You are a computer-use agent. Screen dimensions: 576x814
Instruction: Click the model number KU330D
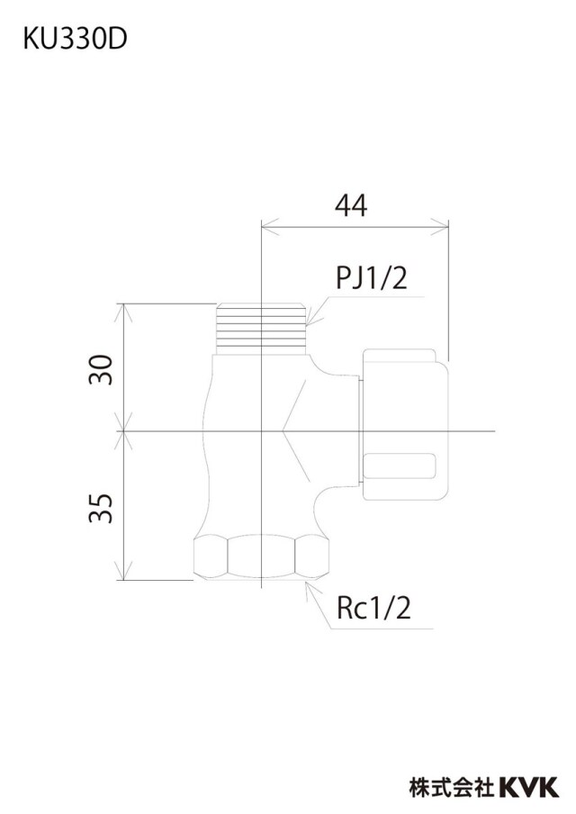coord(75,40)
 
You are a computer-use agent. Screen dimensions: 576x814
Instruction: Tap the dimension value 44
coord(351,205)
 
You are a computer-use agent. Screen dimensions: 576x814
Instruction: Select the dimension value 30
coord(101,369)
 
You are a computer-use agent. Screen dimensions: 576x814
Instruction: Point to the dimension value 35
coord(101,508)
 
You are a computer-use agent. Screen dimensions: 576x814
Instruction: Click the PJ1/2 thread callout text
coord(372,278)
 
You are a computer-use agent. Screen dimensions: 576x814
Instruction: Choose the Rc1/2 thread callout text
coord(373,608)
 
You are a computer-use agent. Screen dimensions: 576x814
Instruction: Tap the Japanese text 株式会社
coord(452,787)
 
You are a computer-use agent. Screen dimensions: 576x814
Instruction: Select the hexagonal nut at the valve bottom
coord(262,558)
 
